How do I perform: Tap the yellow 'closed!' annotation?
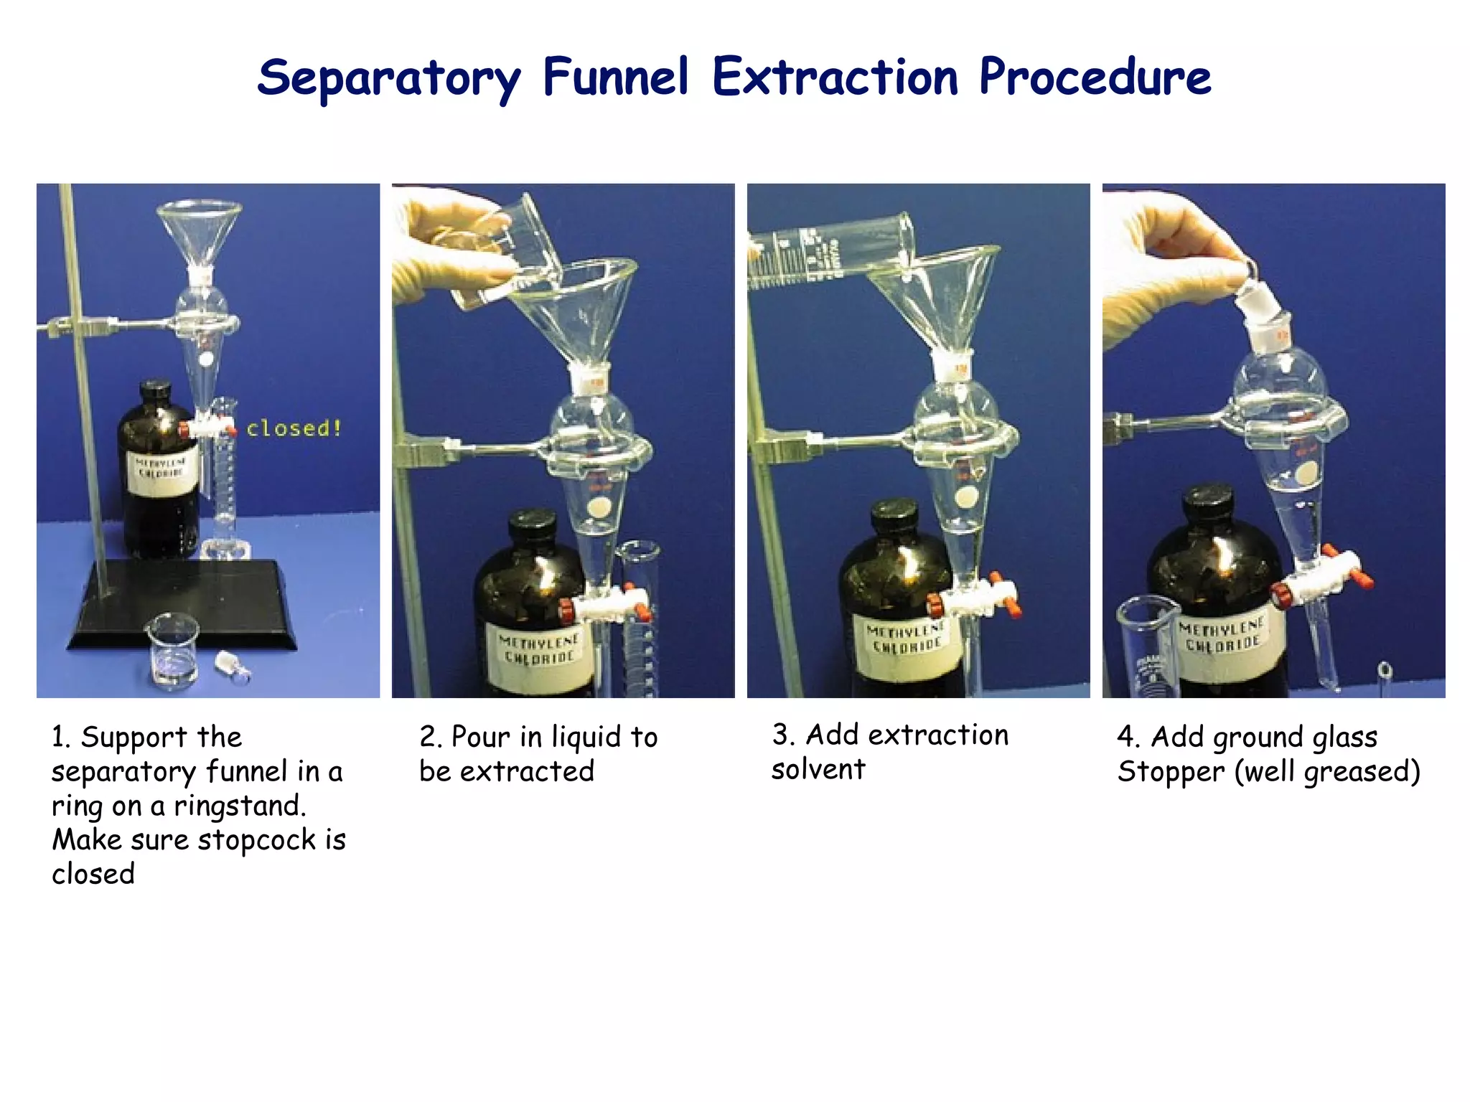click(294, 428)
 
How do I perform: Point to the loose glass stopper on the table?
click(233, 667)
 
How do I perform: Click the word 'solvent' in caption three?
click(818, 770)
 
